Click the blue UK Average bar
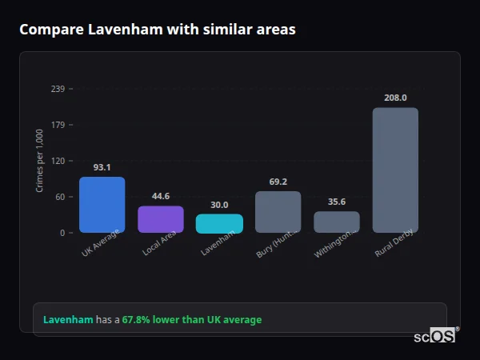pyautogui.click(x=102, y=205)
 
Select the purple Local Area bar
pyautogui.click(x=161, y=219)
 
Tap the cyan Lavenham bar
pyautogui.click(x=219, y=223)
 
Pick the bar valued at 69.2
pyautogui.click(x=278, y=212)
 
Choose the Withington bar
pyautogui.click(x=337, y=222)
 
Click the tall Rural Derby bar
pyautogui.click(x=395, y=170)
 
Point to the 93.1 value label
pyautogui.click(x=102, y=168)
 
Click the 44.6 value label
pyautogui.click(x=161, y=197)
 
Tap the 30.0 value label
pyautogui.click(x=219, y=205)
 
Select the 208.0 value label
pyautogui.click(x=395, y=98)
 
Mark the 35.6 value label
pyautogui.click(x=337, y=202)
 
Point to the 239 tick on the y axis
pyautogui.click(x=58, y=89)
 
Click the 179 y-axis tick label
pyautogui.click(x=58, y=125)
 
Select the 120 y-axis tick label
pyautogui.click(x=58, y=161)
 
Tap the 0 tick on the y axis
pyautogui.click(x=62, y=233)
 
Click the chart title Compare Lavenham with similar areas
pyautogui.click(x=158, y=30)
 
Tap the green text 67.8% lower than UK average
pyautogui.click(x=191, y=320)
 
